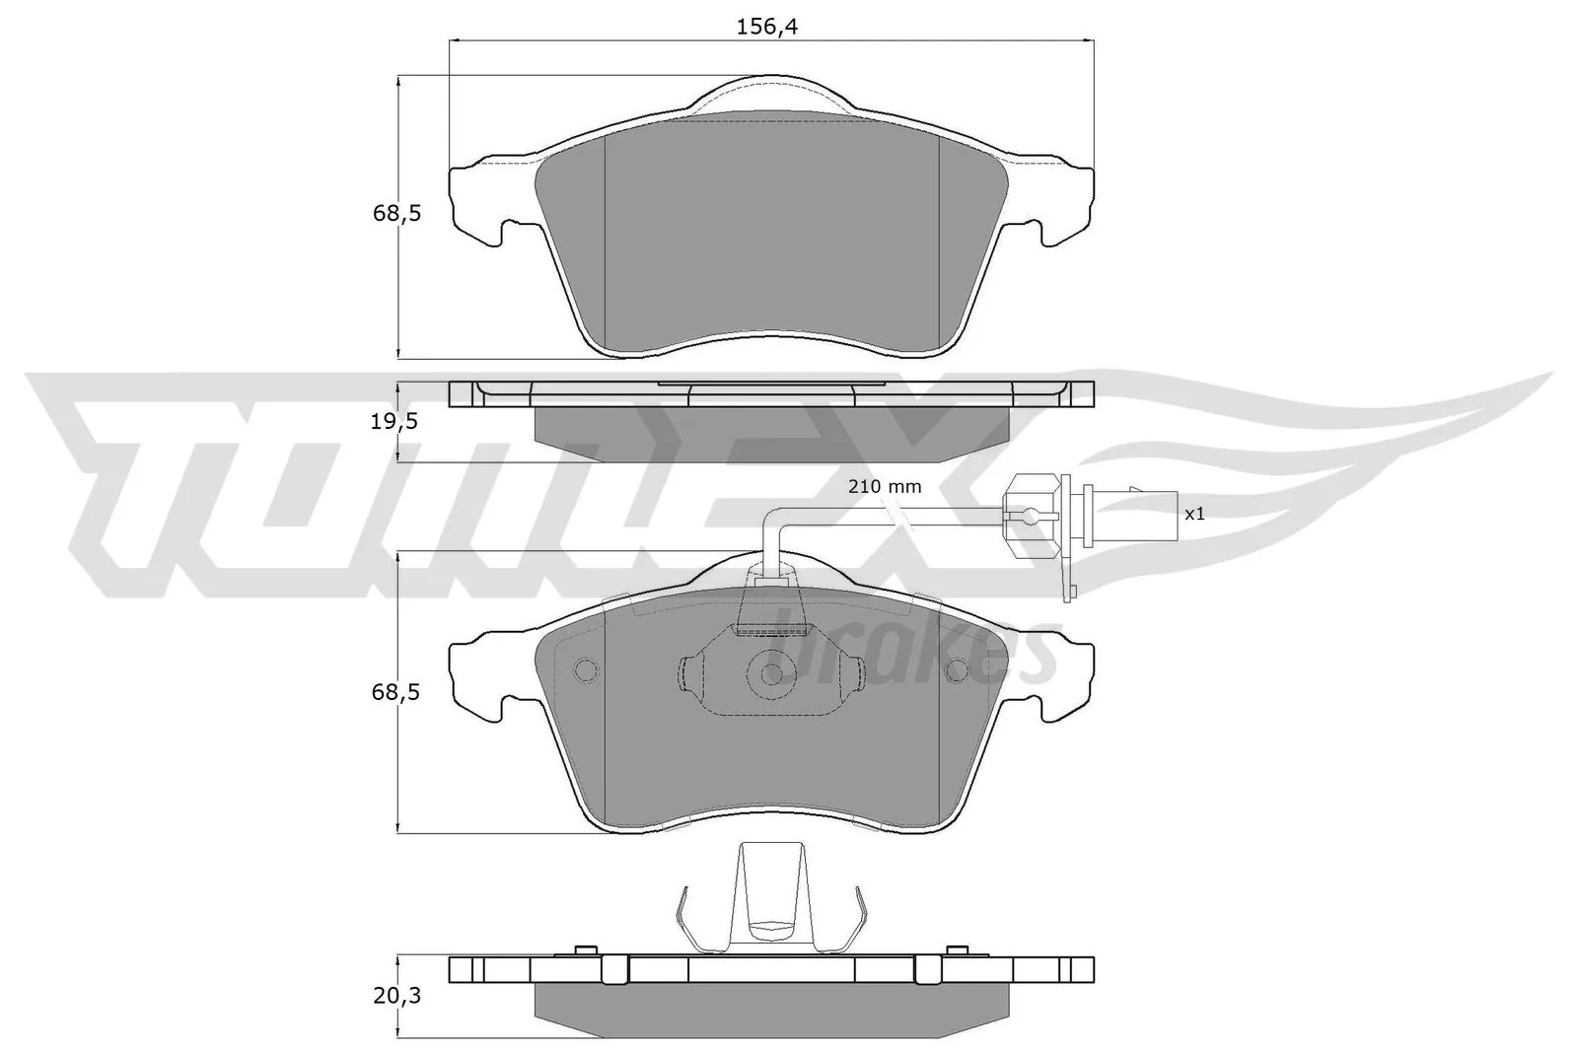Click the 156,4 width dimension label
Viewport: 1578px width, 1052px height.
pos(766,27)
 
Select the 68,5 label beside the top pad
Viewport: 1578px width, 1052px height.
pos(396,212)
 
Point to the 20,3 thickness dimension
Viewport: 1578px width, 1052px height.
pos(397,997)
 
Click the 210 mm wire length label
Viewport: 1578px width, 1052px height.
pos(885,486)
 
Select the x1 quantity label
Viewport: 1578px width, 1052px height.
pos(1194,514)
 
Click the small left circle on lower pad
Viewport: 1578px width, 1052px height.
pos(585,671)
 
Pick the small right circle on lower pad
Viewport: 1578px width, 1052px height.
pos(957,671)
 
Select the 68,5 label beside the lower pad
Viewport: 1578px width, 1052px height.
pos(396,692)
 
